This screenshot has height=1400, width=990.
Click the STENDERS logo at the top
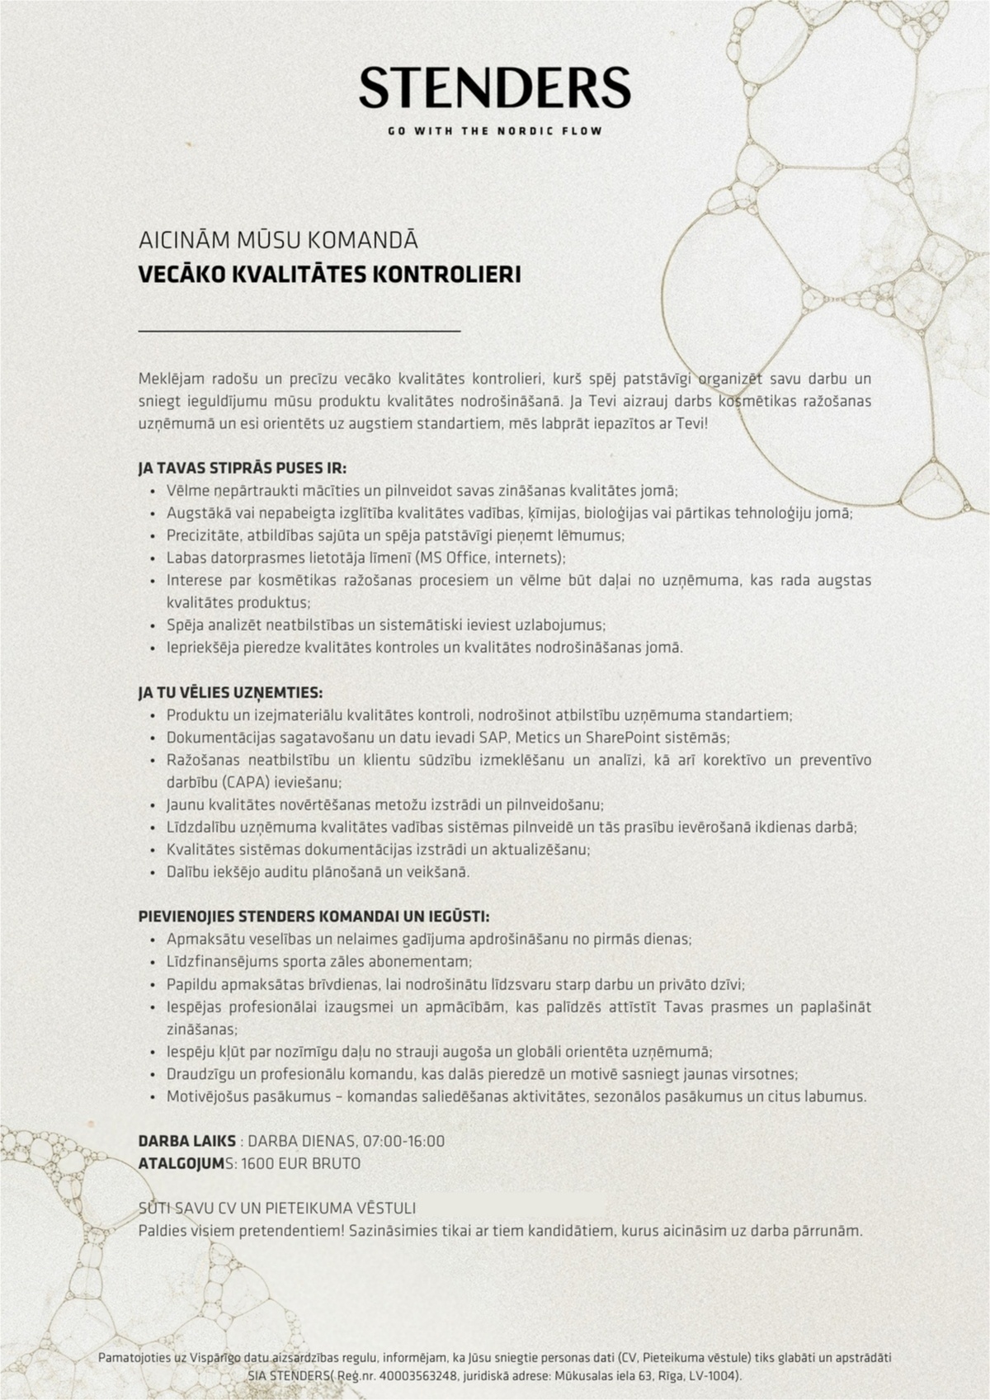pos(495,88)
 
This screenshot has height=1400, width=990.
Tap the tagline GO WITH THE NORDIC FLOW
pos(495,131)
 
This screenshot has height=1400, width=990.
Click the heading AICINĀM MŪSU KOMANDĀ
pos(278,241)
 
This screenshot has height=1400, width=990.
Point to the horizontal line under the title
pos(299,331)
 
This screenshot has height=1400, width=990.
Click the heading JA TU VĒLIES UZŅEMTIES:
pos(230,691)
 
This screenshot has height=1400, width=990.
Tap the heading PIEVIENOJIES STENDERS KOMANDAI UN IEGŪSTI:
pos(313,917)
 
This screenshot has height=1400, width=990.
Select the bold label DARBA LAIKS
pos(186,1141)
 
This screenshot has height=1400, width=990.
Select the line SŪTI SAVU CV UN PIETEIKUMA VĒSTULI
pos(277,1208)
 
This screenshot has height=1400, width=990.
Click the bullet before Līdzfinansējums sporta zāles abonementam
pos(154,962)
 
